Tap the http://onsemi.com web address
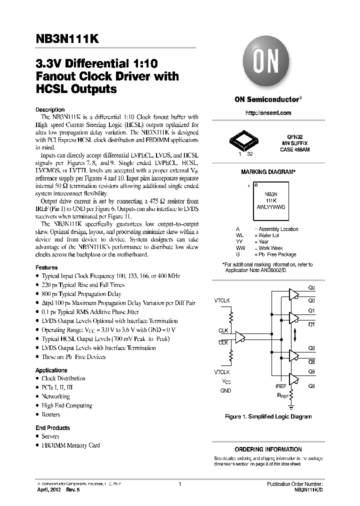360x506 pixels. (x=268, y=113)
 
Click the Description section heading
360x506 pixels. (x=50, y=109)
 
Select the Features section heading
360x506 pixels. (x=46, y=268)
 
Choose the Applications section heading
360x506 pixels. (x=51, y=370)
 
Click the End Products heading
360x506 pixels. (x=52, y=428)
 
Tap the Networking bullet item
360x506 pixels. (x=55, y=396)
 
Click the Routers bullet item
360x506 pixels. (x=50, y=414)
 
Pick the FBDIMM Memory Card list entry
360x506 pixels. (x=70, y=445)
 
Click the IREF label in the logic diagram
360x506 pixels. (x=281, y=386)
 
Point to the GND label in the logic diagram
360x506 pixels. (x=225, y=390)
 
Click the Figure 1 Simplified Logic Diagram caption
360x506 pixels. (x=268, y=416)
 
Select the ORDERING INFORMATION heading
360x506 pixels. (x=268, y=449)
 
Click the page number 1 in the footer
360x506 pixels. (x=179, y=484)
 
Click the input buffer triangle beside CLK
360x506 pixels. (x=241, y=337)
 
